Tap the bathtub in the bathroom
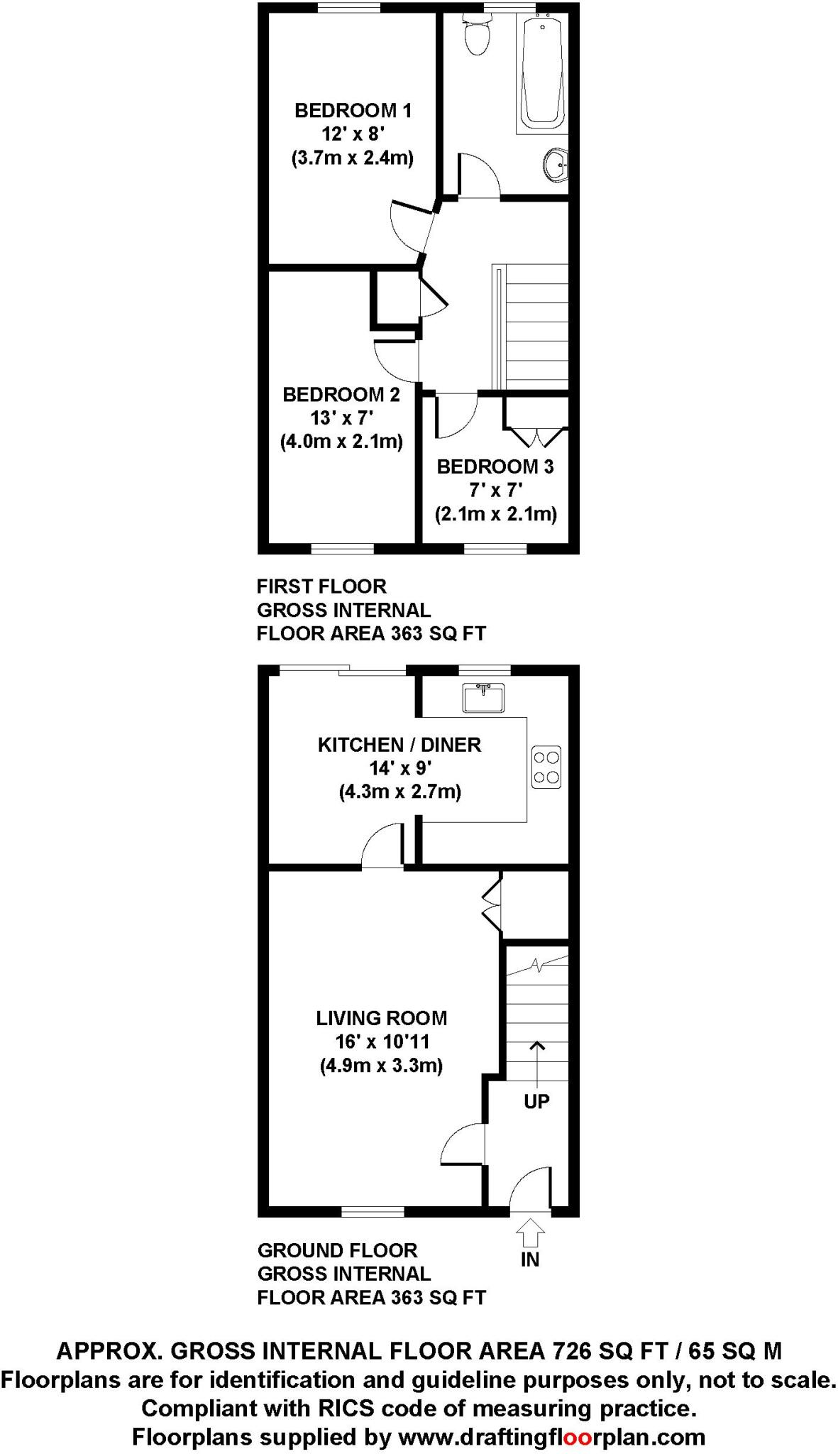point(542,71)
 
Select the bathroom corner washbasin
point(557,165)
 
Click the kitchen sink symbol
point(483,697)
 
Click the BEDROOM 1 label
point(353,111)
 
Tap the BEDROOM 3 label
point(495,466)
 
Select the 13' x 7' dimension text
point(341,418)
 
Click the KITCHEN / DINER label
point(399,745)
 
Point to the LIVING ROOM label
point(382,1018)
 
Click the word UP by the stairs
point(536,1101)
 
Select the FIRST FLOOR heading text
point(321,586)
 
